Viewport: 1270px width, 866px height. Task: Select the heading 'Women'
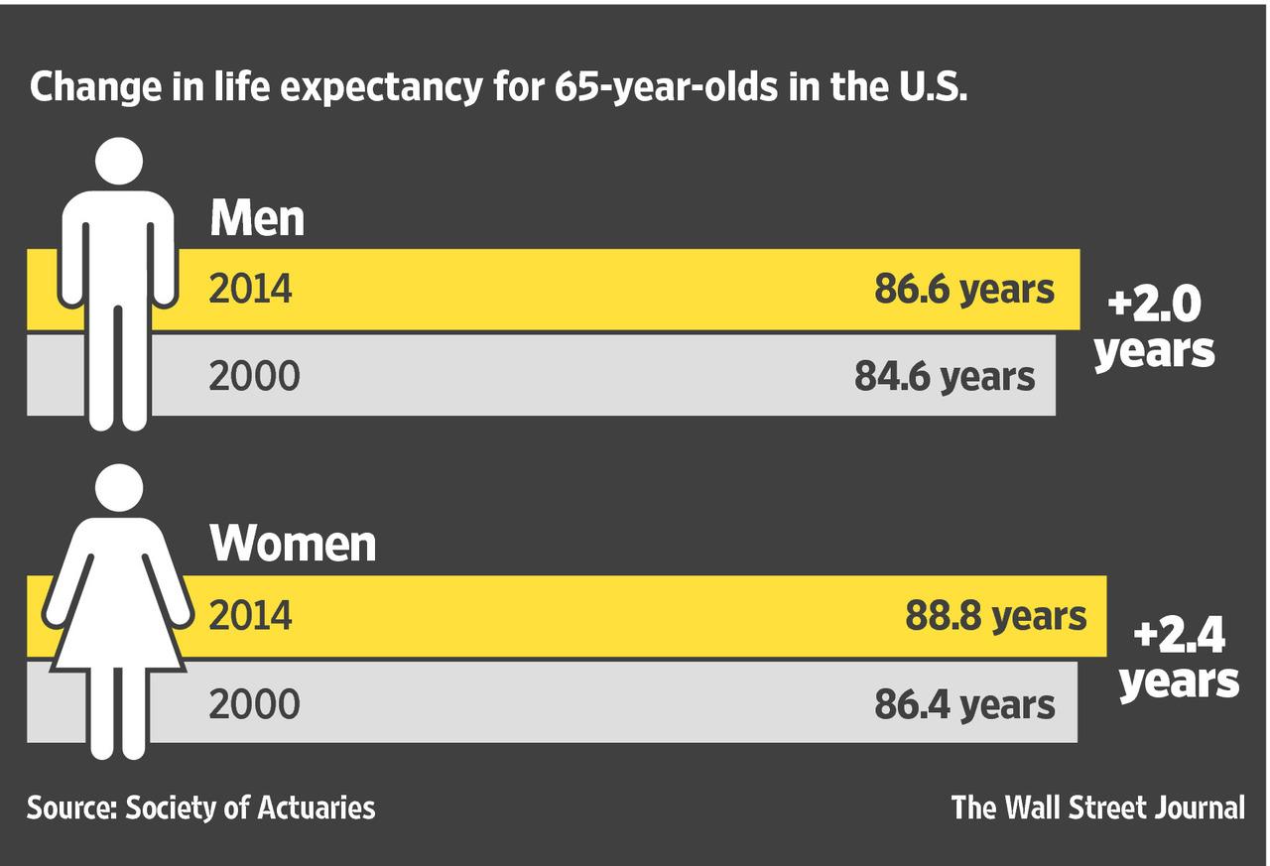click(x=293, y=544)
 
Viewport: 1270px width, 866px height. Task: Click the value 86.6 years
click(x=963, y=290)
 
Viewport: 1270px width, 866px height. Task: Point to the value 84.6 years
click(x=944, y=376)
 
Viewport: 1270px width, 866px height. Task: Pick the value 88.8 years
click(x=995, y=616)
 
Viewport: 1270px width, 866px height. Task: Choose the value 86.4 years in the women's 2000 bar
click(x=963, y=704)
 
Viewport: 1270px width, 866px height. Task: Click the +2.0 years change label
click(x=1154, y=326)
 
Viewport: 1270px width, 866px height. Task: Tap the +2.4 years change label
click(x=1179, y=657)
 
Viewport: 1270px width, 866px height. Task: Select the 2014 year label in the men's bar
click(x=250, y=290)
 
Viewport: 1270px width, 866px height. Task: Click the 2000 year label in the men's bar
click(x=253, y=377)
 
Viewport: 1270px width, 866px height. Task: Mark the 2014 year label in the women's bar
click(x=250, y=616)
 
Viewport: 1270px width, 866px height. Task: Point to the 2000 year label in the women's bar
click(x=253, y=704)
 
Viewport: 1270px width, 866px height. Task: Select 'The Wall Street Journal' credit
click(x=1097, y=807)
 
